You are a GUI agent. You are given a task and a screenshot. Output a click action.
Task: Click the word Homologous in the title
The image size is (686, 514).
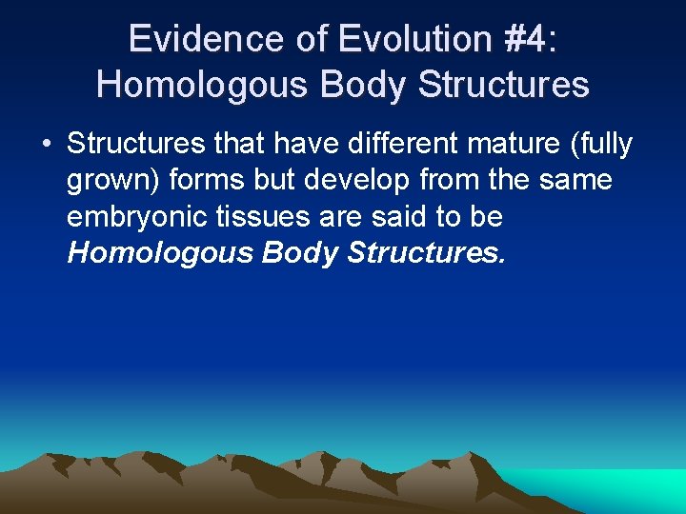pyautogui.click(x=202, y=85)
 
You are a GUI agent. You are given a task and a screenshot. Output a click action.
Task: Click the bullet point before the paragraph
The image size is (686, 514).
pyautogui.click(x=46, y=145)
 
